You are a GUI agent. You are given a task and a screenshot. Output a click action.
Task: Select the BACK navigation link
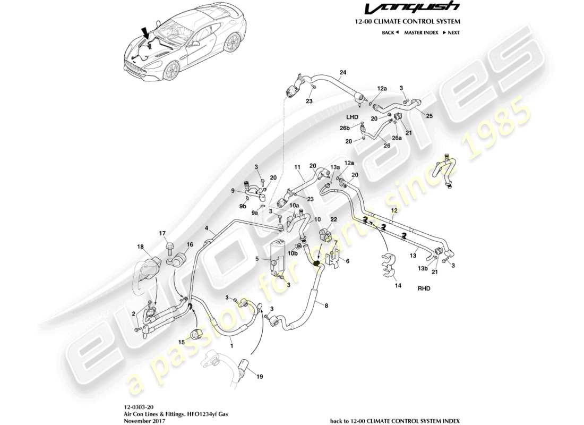(390, 32)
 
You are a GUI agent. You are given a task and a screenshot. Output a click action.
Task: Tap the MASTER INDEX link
(421, 32)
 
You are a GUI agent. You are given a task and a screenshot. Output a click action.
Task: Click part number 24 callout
(342, 72)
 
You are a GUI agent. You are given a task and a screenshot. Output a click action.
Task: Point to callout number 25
(429, 116)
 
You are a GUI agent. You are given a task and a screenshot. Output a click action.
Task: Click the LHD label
(353, 116)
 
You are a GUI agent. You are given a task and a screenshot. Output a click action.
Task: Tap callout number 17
(162, 233)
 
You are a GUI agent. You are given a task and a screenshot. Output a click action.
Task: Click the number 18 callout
(141, 246)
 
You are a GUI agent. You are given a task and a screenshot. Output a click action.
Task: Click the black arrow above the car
(145, 33)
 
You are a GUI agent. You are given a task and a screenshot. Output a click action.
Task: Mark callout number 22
(333, 219)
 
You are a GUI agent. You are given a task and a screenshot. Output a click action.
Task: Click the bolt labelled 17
(170, 247)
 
